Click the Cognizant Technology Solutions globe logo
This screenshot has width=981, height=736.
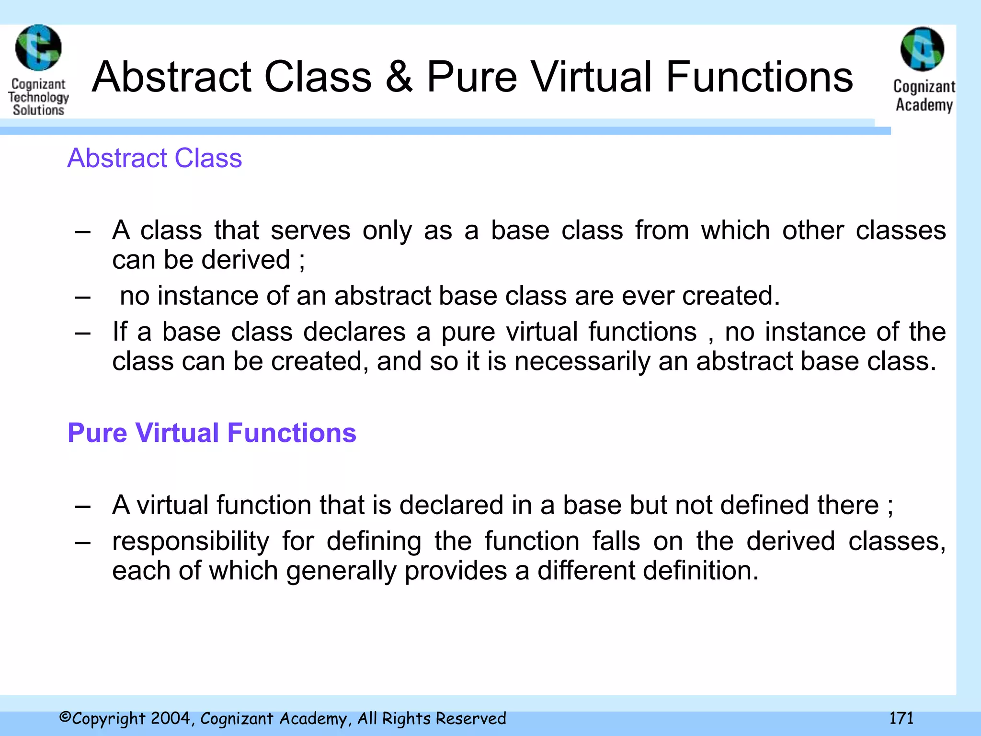coord(38,48)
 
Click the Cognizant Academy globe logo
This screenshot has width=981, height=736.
coord(923,50)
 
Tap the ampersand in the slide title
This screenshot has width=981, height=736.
coord(399,77)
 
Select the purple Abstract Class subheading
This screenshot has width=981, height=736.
coord(154,158)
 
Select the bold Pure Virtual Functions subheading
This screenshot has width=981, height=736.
coord(212,433)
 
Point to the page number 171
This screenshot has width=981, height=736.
coord(901,718)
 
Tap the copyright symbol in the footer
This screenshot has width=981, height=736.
coord(65,717)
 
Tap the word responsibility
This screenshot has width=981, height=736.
coord(191,541)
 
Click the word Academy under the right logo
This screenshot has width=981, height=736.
coord(924,105)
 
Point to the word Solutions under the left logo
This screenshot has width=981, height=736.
coord(38,110)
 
